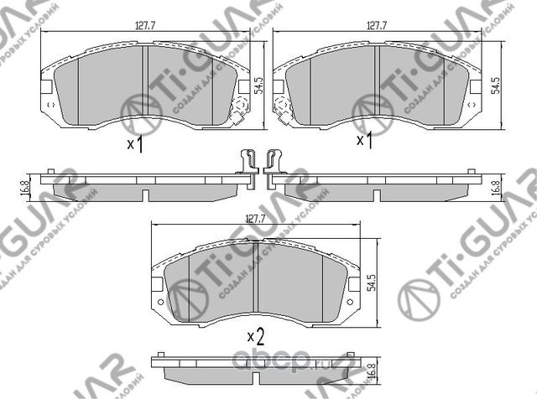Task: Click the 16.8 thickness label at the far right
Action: [x=497, y=186]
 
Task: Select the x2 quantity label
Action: [x=255, y=337]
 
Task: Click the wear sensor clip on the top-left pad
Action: [x=239, y=111]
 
